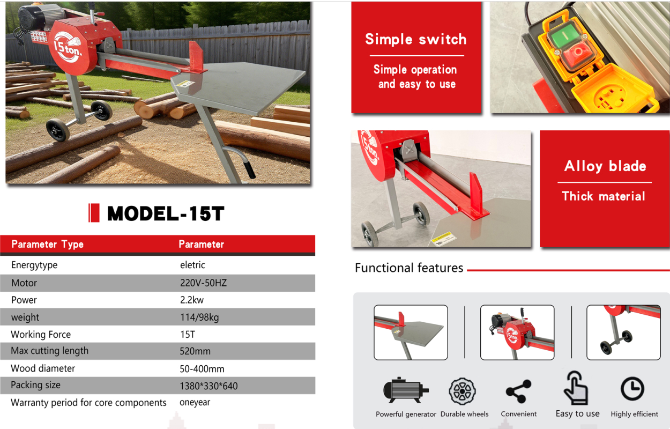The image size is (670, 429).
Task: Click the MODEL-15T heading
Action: (166, 213)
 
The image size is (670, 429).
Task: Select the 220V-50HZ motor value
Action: (203, 283)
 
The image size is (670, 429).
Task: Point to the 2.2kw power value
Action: (192, 300)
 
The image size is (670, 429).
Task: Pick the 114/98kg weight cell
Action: (199, 317)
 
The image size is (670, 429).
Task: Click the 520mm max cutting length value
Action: (195, 351)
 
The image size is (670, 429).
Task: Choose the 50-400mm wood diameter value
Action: (202, 369)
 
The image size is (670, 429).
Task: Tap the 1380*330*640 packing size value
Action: (209, 386)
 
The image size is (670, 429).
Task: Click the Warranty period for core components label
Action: (88, 403)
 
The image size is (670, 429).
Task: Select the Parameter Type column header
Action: (47, 245)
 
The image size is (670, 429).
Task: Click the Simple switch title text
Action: (416, 39)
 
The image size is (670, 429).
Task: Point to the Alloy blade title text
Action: (605, 166)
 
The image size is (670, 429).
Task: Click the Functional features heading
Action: (409, 268)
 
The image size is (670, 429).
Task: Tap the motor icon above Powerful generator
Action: (406, 390)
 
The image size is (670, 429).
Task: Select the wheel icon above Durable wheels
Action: (462, 391)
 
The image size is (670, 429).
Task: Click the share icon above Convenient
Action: (518, 391)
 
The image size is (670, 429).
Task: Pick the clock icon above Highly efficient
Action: (632, 389)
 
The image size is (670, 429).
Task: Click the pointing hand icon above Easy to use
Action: (576, 388)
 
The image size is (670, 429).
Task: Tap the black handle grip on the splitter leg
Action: (249, 170)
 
